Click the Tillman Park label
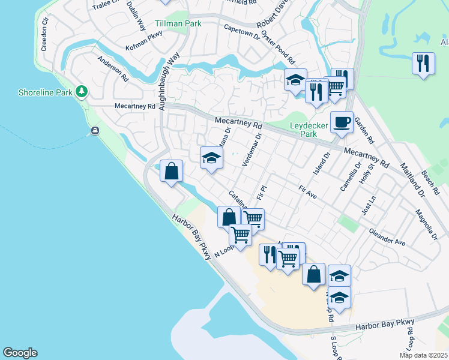(x=178, y=23)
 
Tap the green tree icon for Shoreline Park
(x=82, y=92)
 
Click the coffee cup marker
(x=342, y=122)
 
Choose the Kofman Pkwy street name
(x=145, y=42)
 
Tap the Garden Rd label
(x=364, y=130)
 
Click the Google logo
(x=20, y=353)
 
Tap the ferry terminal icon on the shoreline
(x=95, y=131)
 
